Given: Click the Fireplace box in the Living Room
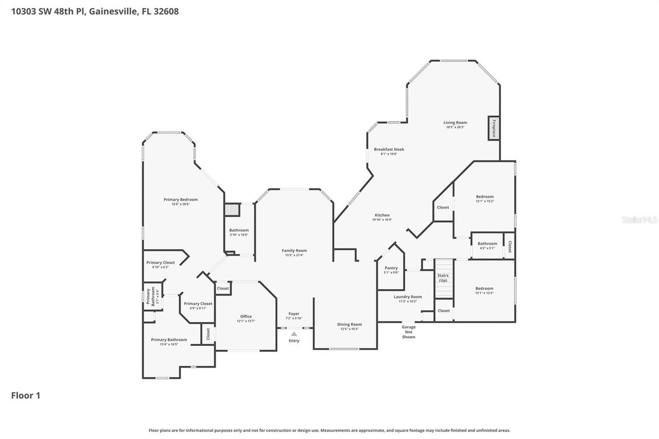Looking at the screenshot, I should [494, 128].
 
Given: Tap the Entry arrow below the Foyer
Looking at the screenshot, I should [294, 334].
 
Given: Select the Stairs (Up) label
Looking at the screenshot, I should [443, 277].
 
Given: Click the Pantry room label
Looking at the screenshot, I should [391, 268].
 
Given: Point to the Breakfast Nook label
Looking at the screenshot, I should [389, 149].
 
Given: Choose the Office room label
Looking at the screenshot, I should [246, 316].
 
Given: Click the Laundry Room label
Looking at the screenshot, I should [408, 296].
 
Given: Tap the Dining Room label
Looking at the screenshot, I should [350, 324].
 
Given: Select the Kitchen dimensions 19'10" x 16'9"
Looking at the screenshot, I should [382, 220].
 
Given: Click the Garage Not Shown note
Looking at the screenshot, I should [408, 332].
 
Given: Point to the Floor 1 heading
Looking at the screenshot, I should [26, 395].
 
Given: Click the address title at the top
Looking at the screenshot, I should [95, 11].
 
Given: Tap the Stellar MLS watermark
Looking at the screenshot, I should [639, 219].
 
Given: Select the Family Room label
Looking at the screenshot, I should [294, 250].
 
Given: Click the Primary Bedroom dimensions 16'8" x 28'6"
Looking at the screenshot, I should [181, 204].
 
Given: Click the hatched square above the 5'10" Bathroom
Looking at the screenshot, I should [232, 209].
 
